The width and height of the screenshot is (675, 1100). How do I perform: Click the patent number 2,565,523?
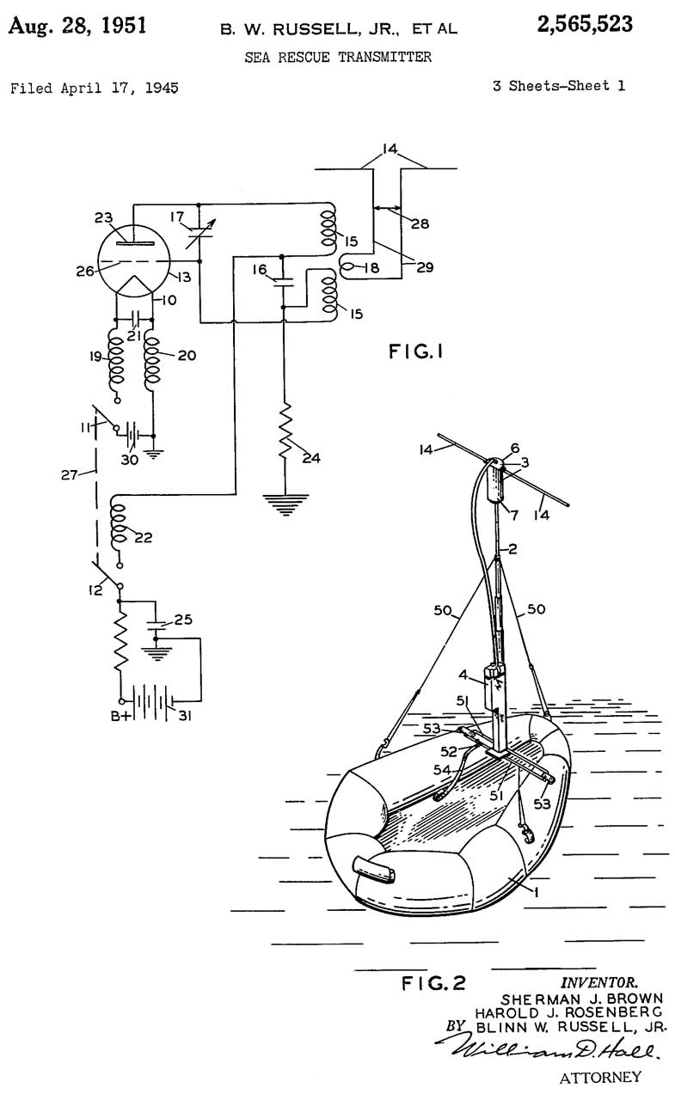[584, 25]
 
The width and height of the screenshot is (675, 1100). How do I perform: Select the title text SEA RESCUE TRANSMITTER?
[337, 58]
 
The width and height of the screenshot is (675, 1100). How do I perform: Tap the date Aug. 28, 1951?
[77, 25]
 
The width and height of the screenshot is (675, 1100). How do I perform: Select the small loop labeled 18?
[348, 267]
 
